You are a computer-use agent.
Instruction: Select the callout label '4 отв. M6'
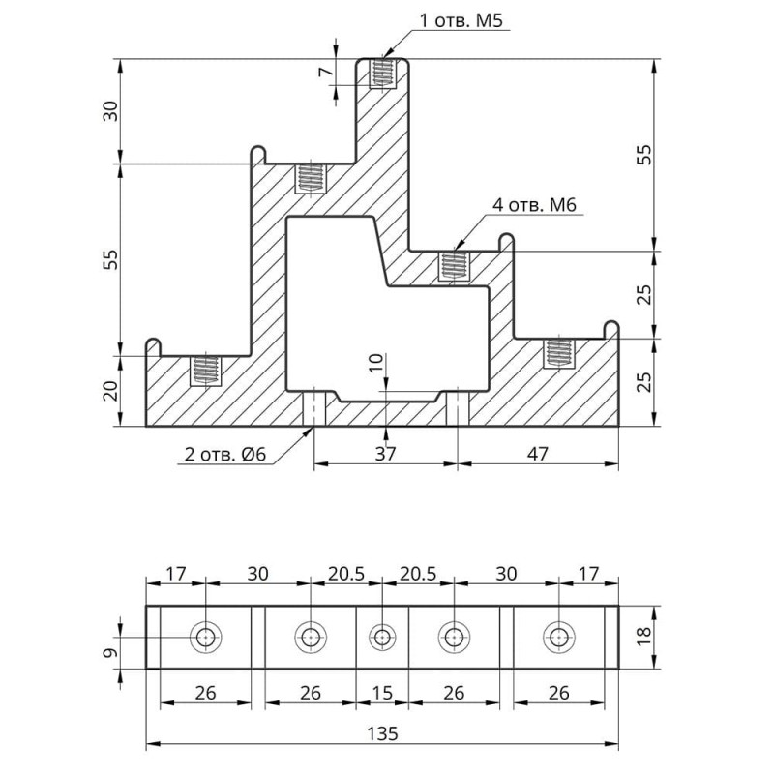(x=534, y=205)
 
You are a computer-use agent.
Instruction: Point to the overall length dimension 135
(x=382, y=731)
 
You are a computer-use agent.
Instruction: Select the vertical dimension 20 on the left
(x=111, y=391)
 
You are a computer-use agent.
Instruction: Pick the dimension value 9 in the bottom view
(x=113, y=655)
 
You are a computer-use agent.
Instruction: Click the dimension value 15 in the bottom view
(x=382, y=693)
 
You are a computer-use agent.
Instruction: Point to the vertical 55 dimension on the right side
(x=646, y=155)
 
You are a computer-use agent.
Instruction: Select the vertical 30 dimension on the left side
(x=111, y=110)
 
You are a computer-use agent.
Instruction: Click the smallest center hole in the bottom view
(x=382, y=638)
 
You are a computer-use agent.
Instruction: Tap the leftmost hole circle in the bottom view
(x=205, y=638)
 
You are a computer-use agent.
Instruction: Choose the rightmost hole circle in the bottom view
(x=558, y=638)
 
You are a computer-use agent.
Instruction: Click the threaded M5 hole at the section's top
(x=384, y=74)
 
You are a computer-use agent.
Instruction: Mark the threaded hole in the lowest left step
(x=203, y=369)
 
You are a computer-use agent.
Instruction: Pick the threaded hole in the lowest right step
(x=557, y=352)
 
